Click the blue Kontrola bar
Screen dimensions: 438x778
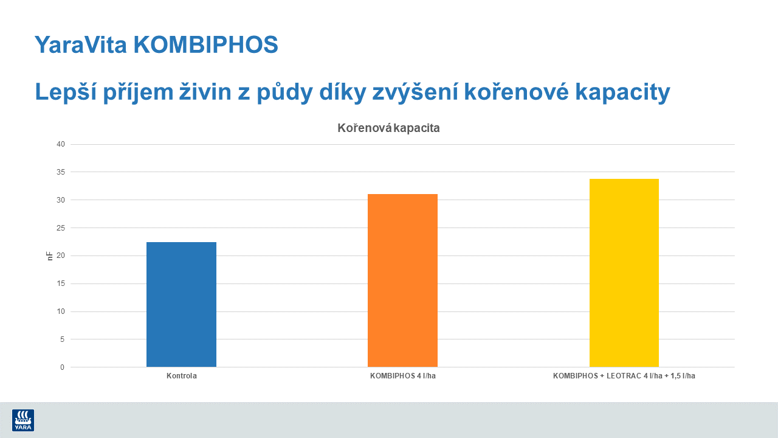(x=181, y=304)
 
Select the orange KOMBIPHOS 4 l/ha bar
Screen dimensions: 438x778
(x=402, y=280)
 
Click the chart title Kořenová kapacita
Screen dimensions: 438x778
(x=388, y=128)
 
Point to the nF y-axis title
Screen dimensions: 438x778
(x=50, y=256)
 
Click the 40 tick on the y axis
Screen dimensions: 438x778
(x=61, y=144)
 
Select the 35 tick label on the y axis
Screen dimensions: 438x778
(x=61, y=172)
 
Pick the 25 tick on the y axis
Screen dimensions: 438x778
(x=61, y=228)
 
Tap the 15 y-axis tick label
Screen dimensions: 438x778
(x=61, y=283)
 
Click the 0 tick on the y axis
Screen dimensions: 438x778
(x=63, y=367)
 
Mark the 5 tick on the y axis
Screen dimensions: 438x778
(x=63, y=339)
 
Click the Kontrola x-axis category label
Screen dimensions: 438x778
(x=181, y=376)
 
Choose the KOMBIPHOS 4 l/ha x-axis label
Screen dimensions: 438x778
(x=402, y=376)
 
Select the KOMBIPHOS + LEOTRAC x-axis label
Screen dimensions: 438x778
(x=624, y=376)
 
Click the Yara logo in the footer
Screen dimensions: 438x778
(x=23, y=420)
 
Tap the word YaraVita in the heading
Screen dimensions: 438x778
(x=80, y=44)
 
